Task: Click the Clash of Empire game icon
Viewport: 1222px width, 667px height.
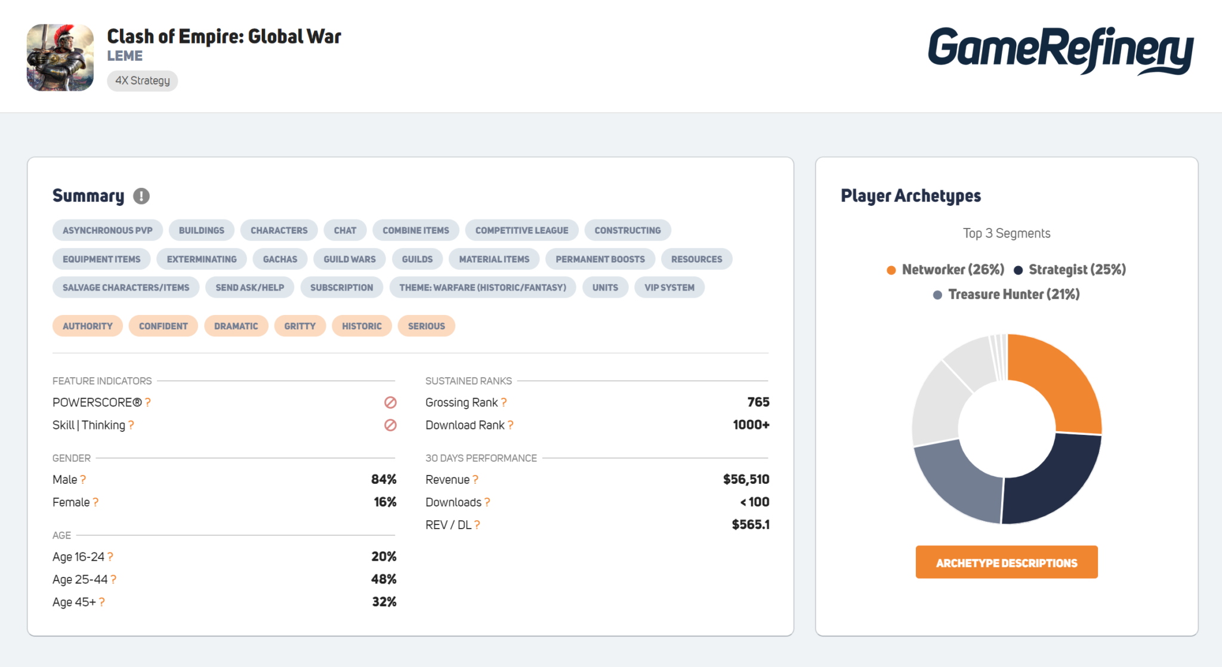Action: (x=60, y=57)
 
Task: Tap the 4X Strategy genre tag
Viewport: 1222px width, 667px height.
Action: (x=142, y=81)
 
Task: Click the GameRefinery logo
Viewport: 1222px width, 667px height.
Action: (x=1060, y=51)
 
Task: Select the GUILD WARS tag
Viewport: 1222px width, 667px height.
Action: (x=349, y=259)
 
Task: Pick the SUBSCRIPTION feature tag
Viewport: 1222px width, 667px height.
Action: (x=341, y=288)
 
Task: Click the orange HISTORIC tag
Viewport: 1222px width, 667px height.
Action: (x=362, y=326)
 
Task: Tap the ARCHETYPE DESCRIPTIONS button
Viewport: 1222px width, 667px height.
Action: (x=1006, y=563)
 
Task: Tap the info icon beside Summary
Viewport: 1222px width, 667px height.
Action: (x=141, y=196)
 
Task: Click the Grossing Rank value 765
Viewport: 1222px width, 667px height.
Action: (x=758, y=402)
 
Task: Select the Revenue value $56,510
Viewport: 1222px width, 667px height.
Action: (x=746, y=479)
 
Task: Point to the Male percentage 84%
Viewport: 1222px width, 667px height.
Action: (x=384, y=479)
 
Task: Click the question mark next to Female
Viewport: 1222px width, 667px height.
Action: (x=95, y=502)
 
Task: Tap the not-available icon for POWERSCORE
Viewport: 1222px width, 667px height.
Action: (x=390, y=403)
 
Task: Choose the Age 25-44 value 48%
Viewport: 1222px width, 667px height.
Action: (x=384, y=579)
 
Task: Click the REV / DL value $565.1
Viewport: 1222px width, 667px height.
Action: (x=750, y=524)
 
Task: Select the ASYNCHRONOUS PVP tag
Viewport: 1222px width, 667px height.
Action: (x=107, y=230)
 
